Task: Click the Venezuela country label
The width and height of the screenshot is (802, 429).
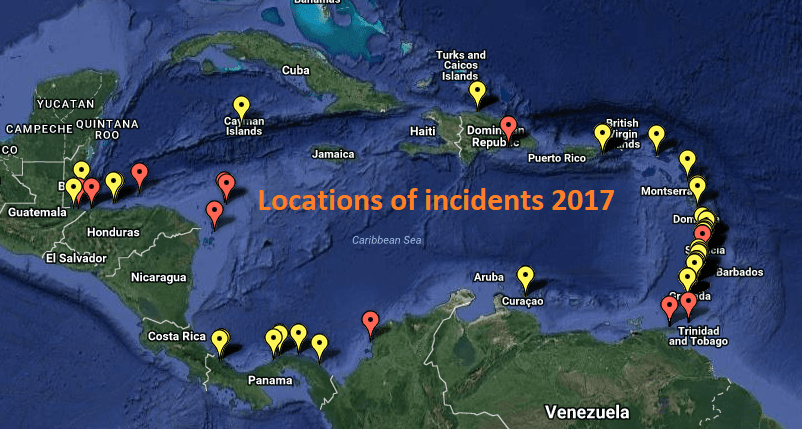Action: point(587,411)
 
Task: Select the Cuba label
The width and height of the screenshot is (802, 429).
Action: point(295,70)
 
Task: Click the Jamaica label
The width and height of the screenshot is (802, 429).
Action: point(333,155)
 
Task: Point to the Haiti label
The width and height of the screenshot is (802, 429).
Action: point(423,131)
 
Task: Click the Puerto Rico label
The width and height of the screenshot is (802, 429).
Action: point(556,158)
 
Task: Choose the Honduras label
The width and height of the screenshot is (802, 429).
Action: point(113,232)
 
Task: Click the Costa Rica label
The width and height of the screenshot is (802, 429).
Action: point(176,336)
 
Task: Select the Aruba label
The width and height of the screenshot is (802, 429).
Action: point(489,276)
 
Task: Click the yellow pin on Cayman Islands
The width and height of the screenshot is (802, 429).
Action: point(241,106)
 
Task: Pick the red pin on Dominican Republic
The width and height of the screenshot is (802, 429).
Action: point(508,127)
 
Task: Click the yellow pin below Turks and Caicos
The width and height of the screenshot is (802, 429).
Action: point(478,93)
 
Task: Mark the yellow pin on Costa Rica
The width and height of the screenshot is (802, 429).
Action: point(219,341)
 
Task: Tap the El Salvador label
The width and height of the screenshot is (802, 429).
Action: point(76,258)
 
